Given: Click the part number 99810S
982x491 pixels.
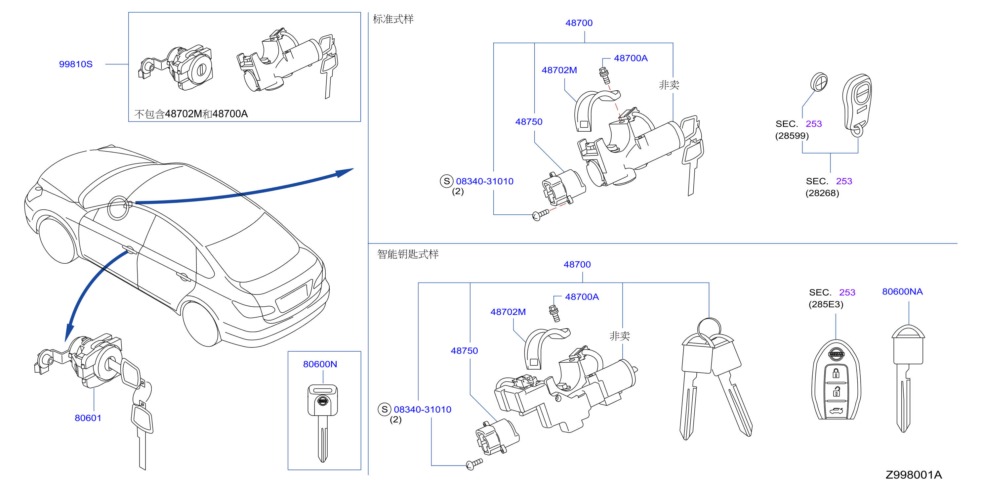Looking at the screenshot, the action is (75, 64).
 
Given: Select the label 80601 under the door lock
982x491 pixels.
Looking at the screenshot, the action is (88, 418).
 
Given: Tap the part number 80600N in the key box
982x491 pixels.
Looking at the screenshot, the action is (320, 364).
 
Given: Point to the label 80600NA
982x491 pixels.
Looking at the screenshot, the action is (902, 292).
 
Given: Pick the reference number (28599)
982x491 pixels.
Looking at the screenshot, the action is (792, 136).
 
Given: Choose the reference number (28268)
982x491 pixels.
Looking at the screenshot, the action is (822, 193).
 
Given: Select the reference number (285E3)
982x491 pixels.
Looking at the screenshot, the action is (826, 304).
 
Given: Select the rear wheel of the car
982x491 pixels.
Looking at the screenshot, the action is (201, 323).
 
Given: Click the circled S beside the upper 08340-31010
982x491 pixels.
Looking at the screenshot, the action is (446, 181).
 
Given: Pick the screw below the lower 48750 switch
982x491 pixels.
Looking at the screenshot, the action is (474, 464).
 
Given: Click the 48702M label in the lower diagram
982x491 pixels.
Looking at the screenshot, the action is (508, 312).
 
